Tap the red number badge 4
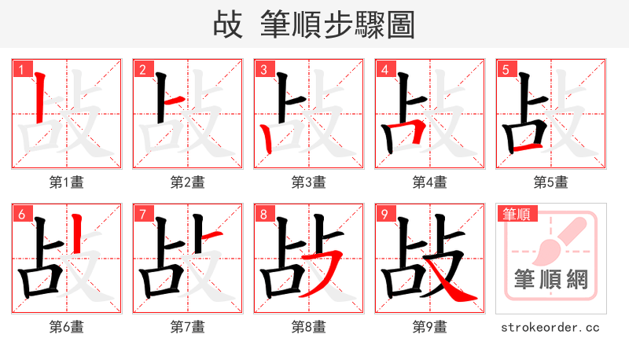click(385, 70)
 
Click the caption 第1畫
click(67, 182)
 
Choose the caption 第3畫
click(309, 182)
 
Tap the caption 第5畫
click(551, 182)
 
